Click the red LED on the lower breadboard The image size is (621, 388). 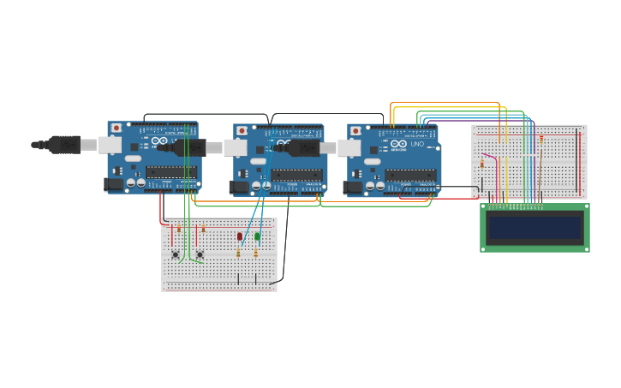240,236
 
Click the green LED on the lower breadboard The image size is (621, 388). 257,236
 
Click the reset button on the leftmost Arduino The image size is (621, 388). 116,128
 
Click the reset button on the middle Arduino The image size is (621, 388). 242,131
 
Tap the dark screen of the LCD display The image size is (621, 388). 534,228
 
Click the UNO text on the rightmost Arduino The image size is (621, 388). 417,144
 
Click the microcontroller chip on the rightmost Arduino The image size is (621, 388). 409,175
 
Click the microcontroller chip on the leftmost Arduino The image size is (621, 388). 170,171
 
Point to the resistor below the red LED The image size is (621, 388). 238,253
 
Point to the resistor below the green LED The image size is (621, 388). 255,253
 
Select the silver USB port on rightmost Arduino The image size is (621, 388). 349,148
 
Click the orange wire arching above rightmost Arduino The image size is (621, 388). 445,103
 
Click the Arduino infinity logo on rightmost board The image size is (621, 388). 398,144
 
